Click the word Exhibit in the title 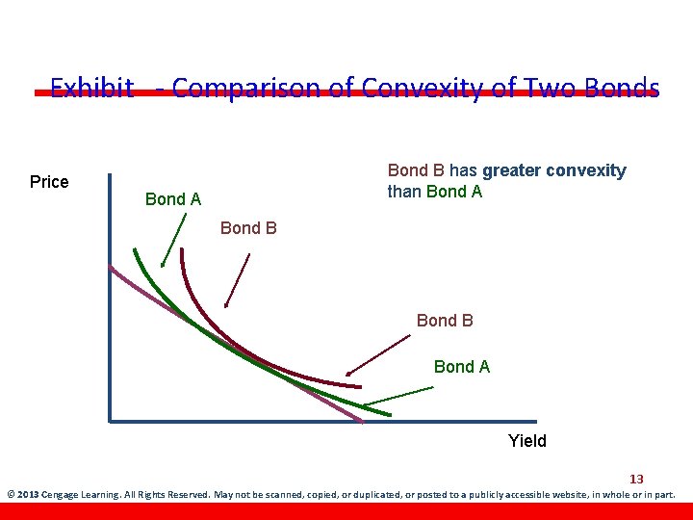91,89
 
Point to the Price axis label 49,182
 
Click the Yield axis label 526,441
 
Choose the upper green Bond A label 172,199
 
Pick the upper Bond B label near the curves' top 248,228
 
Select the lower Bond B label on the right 445,320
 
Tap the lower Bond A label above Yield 461,367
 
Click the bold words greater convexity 553,171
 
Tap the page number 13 636,479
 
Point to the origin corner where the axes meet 111,421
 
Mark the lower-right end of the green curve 389,414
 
